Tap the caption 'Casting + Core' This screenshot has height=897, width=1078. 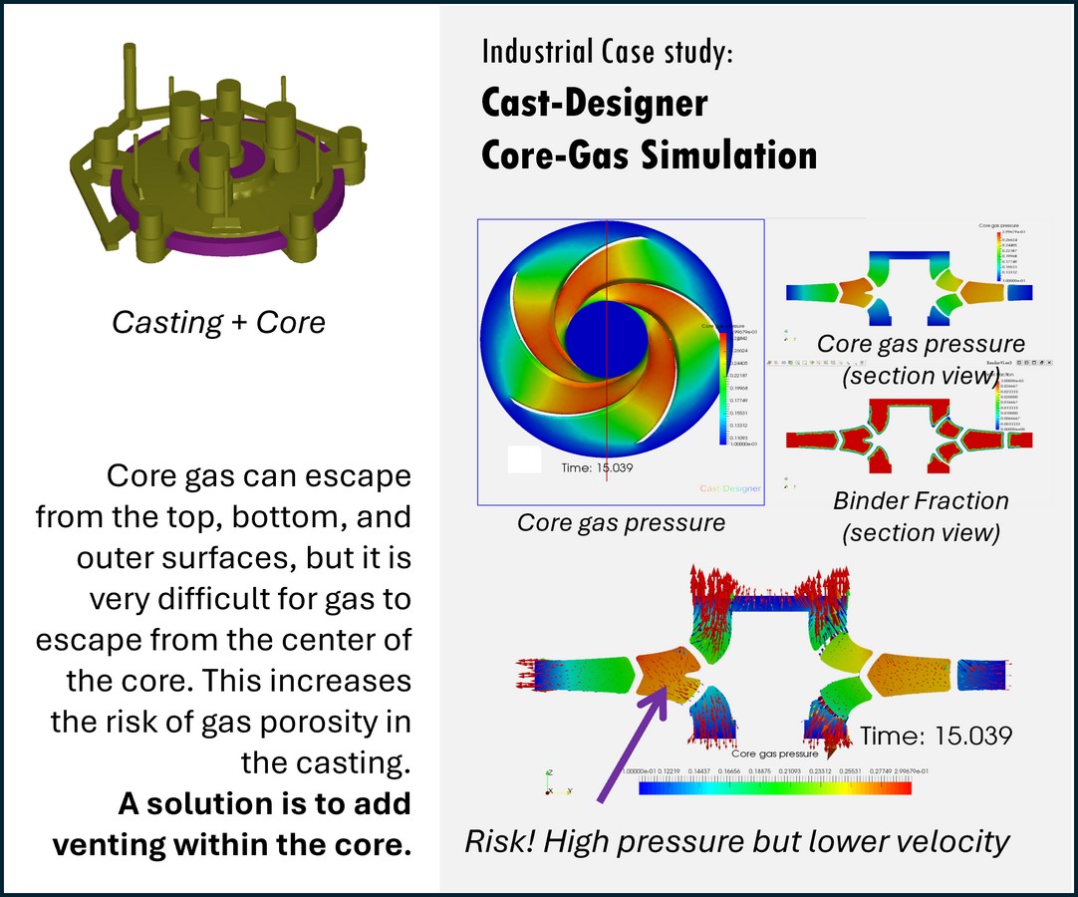[x=218, y=322]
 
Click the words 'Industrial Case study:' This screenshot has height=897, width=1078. [x=607, y=52]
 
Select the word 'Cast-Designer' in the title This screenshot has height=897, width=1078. [x=594, y=103]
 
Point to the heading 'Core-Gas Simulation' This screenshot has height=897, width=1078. [x=649, y=154]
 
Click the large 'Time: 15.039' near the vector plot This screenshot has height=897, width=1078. [x=936, y=736]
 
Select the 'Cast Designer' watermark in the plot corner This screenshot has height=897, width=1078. [x=729, y=488]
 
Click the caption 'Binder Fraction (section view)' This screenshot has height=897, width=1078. [x=921, y=516]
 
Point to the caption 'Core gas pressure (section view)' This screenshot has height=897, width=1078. [x=921, y=360]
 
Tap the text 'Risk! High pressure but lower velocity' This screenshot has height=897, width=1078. [x=737, y=841]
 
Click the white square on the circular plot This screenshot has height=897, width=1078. [x=524, y=459]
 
